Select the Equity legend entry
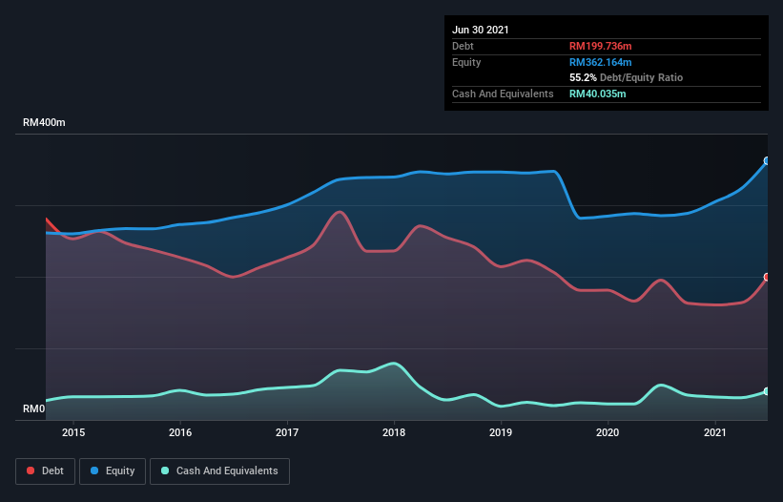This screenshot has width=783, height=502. point(113,471)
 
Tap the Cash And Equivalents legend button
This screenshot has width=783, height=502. point(219,471)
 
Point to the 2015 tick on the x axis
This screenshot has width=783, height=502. point(73,432)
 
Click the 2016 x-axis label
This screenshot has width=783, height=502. point(180,432)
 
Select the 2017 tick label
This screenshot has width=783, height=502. point(287,432)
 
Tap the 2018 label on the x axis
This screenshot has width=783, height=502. point(395,432)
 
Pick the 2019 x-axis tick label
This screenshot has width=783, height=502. point(502,432)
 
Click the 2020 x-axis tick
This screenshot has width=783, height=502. point(608,432)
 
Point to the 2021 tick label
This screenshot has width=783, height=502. point(715,432)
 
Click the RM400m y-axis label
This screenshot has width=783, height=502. point(44,123)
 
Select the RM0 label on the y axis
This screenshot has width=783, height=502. point(33,409)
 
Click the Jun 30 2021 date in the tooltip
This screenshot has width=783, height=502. point(481,30)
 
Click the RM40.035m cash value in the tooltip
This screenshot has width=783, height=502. point(598,94)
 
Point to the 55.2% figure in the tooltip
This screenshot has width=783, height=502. point(583,77)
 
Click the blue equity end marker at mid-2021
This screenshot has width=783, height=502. point(767,161)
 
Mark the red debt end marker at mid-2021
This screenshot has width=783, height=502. point(767,277)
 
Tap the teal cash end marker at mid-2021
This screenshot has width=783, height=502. point(767,391)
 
